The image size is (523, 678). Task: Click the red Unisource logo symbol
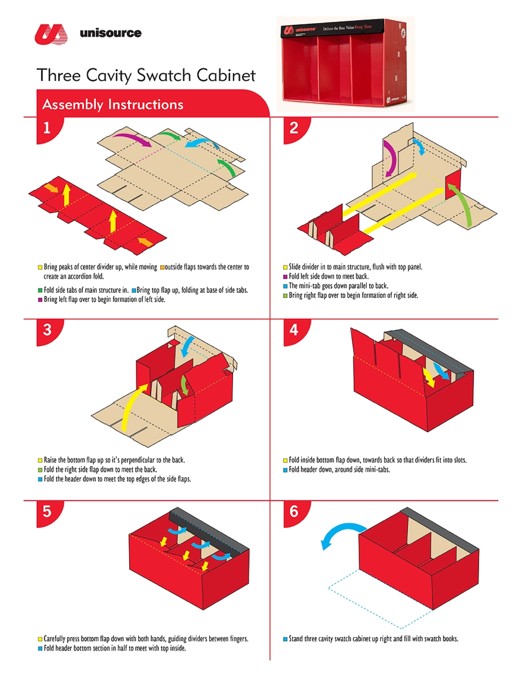[x=51, y=34]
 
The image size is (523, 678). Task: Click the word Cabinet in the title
[x=226, y=75]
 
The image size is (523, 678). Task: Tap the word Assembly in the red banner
[x=72, y=104]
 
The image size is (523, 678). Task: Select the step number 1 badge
[x=47, y=128]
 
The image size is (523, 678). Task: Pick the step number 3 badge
[x=47, y=330]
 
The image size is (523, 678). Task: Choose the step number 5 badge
[x=47, y=511]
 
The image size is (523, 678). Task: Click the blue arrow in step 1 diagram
[x=202, y=142]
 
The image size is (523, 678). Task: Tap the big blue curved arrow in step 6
[x=341, y=530]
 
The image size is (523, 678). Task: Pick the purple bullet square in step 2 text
[x=285, y=277]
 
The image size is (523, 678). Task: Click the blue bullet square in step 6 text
[x=285, y=639]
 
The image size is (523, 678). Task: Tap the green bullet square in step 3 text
[x=40, y=470]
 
